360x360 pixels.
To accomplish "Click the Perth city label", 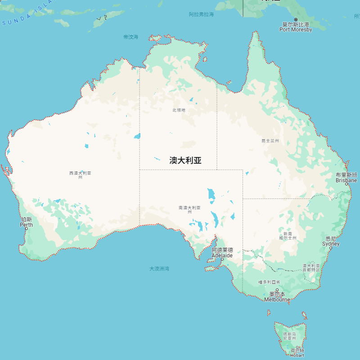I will pyautogui.click(x=26, y=222).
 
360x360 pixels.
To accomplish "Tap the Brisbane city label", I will pyautogui.click(x=346, y=178).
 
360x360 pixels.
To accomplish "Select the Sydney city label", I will pyautogui.click(x=331, y=241).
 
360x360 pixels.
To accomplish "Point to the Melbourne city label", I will pyautogui.click(x=277, y=297).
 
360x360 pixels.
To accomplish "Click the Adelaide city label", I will pyautogui.click(x=222, y=252).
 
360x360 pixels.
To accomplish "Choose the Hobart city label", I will pyautogui.click(x=297, y=353).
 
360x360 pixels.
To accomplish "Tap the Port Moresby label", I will pyautogui.click(x=296, y=27).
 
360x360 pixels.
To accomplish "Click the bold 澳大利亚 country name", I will pyautogui.click(x=185, y=160).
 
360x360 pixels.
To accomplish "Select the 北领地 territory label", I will pyautogui.click(x=179, y=110).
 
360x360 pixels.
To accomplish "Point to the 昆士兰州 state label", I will pyautogui.click(x=270, y=141).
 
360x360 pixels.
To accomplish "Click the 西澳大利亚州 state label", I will pyautogui.click(x=80, y=175).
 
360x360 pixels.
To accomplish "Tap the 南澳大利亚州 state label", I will pyautogui.click(x=189, y=209).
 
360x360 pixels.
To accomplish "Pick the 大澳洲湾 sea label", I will pyautogui.click(x=159, y=269).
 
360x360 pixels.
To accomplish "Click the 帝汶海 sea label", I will pyautogui.click(x=131, y=37).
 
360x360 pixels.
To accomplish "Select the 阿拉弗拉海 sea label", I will pyautogui.click(x=201, y=14).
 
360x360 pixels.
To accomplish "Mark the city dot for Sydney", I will pyautogui.click(x=330, y=248).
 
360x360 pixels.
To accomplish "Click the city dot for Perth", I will pyautogui.click(x=26, y=229).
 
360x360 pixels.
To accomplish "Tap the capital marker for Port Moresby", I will pyautogui.click(x=296, y=19).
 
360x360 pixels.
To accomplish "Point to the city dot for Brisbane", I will pyautogui.click(x=346, y=184).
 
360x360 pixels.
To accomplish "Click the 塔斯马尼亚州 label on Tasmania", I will pyautogui.click(x=289, y=336).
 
